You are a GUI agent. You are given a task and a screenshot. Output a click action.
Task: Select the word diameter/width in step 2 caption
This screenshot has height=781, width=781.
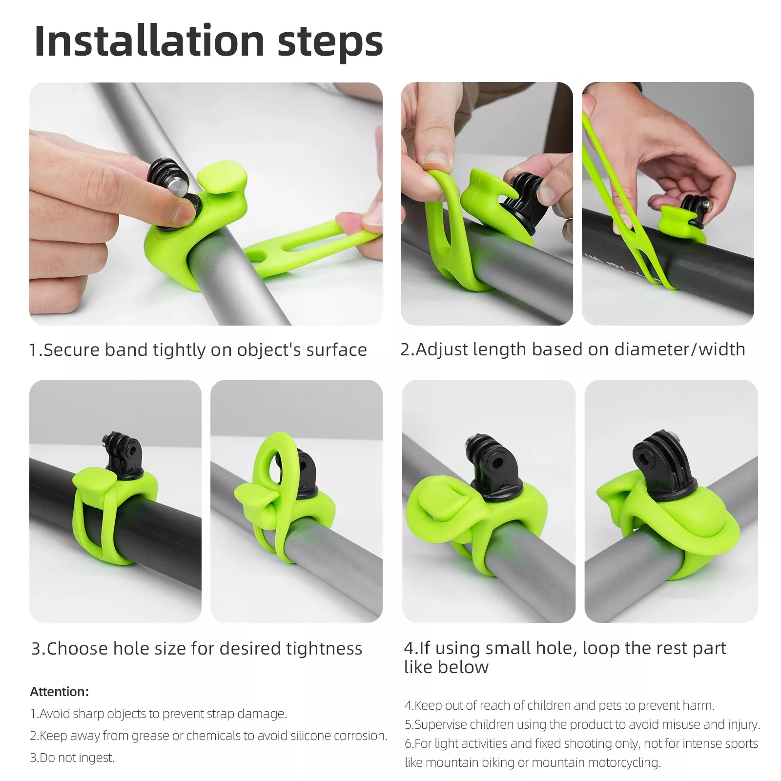pos(679,349)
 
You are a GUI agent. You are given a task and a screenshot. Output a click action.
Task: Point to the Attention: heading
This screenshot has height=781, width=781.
pos(60,692)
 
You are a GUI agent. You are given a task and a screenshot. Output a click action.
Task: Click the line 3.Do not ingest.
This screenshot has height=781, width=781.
pos(72,758)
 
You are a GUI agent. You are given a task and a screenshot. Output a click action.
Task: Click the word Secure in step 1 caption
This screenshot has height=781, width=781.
pos(71,350)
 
